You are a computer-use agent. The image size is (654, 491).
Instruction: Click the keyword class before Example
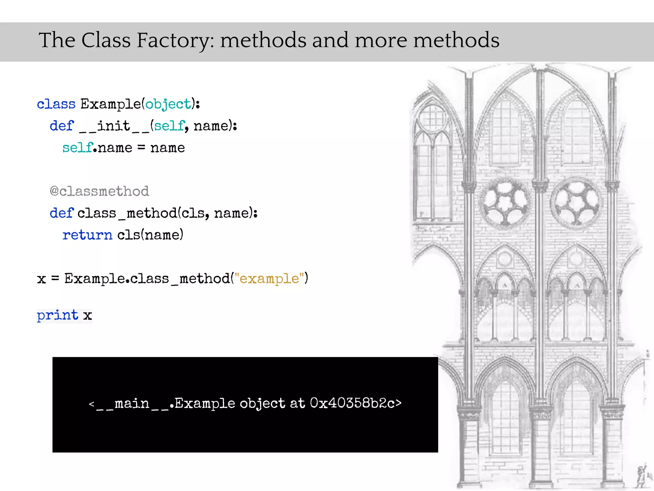point(56,104)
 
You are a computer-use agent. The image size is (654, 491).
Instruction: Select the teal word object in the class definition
point(168,104)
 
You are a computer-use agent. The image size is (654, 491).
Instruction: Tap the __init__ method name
point(114,126)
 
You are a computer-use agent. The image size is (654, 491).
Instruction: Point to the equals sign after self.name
point(141,147)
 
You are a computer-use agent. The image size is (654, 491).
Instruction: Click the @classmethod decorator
point(99,191)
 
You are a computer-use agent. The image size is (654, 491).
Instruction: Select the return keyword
point(87,235)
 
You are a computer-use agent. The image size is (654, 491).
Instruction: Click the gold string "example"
point(270,278)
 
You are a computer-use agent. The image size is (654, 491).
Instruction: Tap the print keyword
point(57,315)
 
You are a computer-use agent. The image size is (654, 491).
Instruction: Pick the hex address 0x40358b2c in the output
point(352,403)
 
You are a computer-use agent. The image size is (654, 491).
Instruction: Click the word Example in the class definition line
point(110,104)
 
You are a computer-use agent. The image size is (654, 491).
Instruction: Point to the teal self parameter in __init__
point(169,126)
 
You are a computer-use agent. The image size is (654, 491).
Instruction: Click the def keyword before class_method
point(61,213)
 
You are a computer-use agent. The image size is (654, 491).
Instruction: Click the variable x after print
point(87,316)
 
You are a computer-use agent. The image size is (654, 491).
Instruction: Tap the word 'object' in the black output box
point(262,403)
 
